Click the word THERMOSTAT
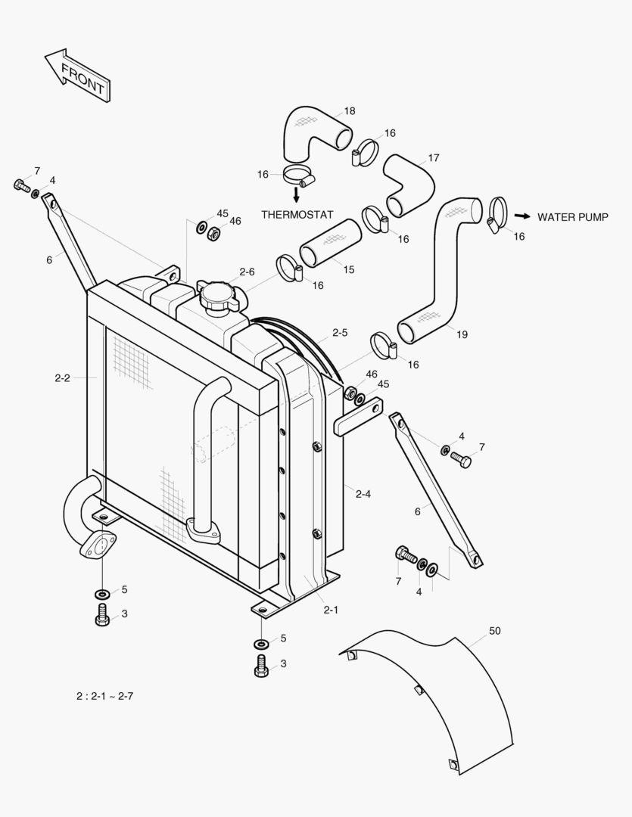297,215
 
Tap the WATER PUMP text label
572,217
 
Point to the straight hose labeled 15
328,246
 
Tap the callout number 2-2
62,377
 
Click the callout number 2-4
363,494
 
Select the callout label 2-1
330,610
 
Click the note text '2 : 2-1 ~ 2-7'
104,696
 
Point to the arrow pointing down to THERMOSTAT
296,194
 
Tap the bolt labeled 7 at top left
20,185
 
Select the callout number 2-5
340,333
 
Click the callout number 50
495,630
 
